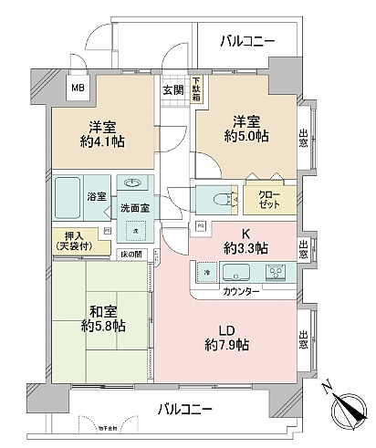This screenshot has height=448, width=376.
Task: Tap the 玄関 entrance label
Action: (173, 89)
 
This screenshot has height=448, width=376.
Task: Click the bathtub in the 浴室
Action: (69, 196)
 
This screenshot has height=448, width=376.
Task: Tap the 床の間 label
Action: (133, 255)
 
